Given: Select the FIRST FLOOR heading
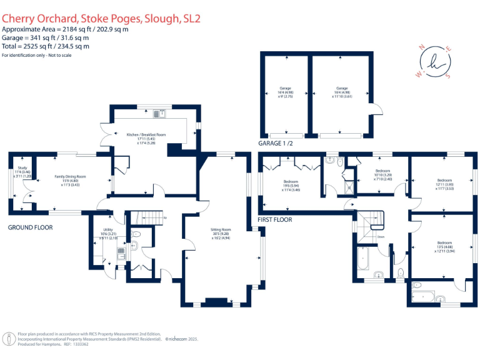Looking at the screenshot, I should click(x=275, y=220).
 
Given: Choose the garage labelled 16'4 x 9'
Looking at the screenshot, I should click(x=286, y=92).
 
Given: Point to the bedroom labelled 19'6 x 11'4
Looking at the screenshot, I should click(x=287, y=188).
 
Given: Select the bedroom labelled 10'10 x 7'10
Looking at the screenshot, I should click(x=382, y=174).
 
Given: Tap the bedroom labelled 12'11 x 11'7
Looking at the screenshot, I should click(x=444, y=184).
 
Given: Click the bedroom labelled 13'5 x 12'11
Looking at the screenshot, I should click(x=444, y=246).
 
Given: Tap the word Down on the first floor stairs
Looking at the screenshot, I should click(x=381, y=237).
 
